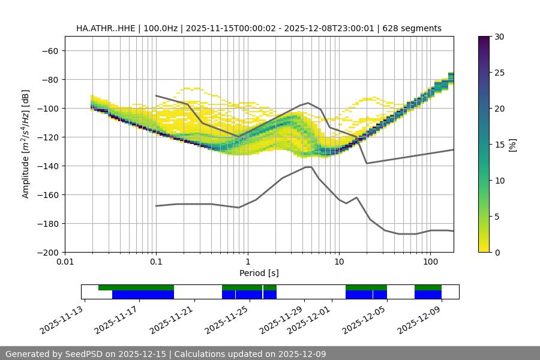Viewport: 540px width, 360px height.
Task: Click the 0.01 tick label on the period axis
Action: pyautogui.click(x=65, y=262)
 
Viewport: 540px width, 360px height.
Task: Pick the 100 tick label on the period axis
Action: pyautogui.click(x=430, y=262)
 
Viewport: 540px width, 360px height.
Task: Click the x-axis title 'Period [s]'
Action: pyautogui.click(x=259, y=273)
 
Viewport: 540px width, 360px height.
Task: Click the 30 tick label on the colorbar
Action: pyautogui.click(x=499, y=37)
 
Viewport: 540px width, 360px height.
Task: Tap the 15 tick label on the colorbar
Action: pyautogui.click(x=499, y=145)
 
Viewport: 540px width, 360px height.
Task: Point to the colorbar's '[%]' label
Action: pyautogui.click(x=512, y=145)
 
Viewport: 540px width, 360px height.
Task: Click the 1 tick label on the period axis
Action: pyautogui.click(x=247, y=262)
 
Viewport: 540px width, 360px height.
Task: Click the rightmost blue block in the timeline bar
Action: pyautogui.click(x=428, y=295)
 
